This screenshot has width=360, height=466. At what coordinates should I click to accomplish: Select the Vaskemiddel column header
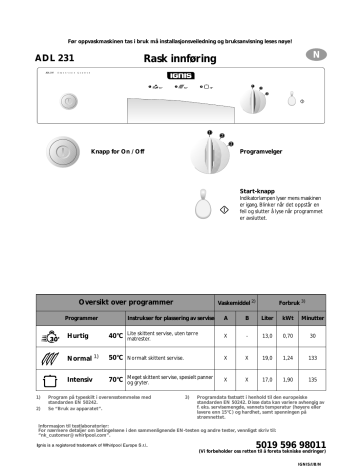(x=237, y=302)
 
